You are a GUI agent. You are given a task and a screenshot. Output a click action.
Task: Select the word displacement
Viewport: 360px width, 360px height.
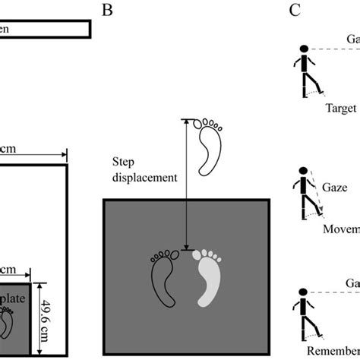click(x=144, y=176)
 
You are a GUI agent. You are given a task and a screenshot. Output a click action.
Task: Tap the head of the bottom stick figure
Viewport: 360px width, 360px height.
click(x=303, y=292)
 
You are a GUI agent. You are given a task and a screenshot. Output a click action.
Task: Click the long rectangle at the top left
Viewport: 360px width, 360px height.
click(x=45, y=29)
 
